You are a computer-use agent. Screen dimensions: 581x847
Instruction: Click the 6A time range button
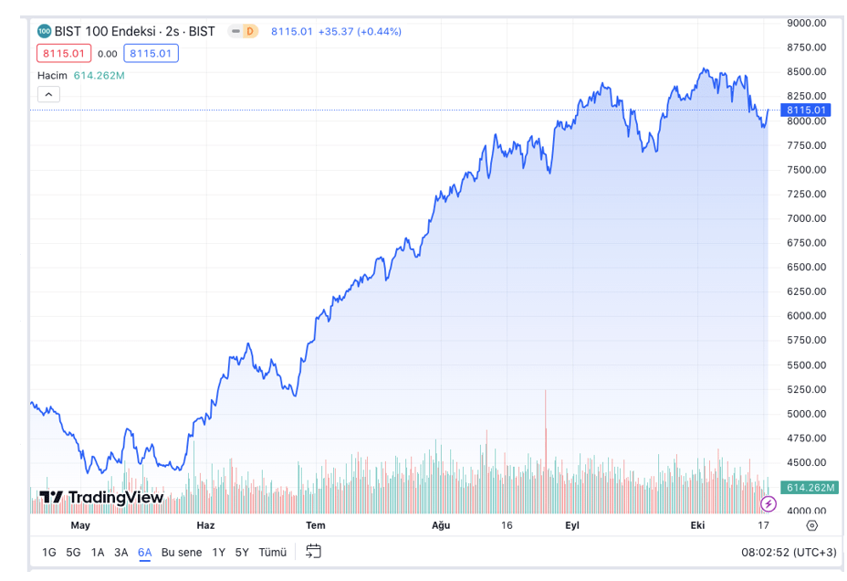point(145,552)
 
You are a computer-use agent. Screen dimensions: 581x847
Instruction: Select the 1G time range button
point(49,552)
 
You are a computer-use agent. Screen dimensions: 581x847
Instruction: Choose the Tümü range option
point(272,552)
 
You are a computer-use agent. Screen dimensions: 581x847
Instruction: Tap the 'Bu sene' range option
point(182,552)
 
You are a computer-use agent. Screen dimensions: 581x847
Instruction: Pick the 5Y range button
point(242,552)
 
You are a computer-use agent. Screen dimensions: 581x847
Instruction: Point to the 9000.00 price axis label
point(807,23)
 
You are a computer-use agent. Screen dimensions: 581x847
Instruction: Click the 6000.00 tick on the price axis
point(807,316)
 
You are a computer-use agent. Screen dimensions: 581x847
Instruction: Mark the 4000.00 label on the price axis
point(807,512)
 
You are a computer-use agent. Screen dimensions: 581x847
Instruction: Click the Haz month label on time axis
point(205,525)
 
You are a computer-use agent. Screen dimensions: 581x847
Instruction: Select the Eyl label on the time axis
point(572,525)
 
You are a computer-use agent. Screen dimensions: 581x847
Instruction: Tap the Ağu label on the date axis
point(441,525)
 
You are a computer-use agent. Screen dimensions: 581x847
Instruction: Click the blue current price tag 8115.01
point(807,111)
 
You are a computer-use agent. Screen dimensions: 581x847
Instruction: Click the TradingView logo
point(101,498)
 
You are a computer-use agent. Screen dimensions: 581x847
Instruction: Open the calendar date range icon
point(313,552)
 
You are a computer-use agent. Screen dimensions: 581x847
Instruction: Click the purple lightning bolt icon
point(769,503)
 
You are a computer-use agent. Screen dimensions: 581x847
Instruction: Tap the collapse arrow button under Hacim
point(48,94)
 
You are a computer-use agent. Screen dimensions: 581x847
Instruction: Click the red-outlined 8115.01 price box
point(64,53)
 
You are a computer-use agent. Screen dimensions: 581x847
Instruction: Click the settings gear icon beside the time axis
point(812,525)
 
